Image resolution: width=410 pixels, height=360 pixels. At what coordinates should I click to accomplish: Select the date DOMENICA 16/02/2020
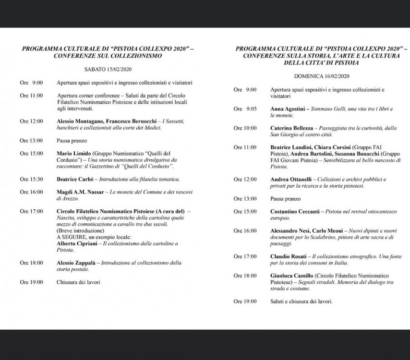click(321, 77)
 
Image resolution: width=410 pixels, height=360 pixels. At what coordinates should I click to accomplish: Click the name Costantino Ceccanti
click(295, 211)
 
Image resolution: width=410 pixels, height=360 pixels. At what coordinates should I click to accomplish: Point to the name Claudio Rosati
click(288, 256)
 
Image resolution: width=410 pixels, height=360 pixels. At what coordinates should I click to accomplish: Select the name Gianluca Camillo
click(291, 276)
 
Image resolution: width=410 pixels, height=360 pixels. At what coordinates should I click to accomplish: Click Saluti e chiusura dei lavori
click(301, 301)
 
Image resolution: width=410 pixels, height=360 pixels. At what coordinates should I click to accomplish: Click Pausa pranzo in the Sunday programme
click(285, 199)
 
